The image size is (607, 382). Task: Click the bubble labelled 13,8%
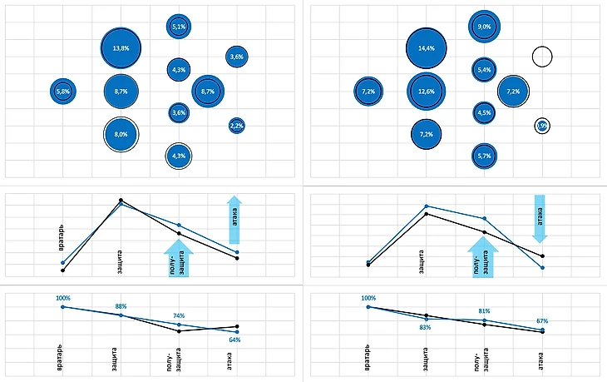(x=121, y=49)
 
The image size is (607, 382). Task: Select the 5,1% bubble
(x=179, y=27)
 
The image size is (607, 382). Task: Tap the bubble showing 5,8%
(x=63, y=91)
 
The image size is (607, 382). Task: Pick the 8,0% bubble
(x=121, y=133)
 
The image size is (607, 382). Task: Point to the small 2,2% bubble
(x=236, y=126)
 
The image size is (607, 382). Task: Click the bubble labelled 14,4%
(x=427, y=49)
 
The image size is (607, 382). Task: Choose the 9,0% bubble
(x=485, y=27)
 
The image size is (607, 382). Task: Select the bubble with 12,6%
(x=427, y=91)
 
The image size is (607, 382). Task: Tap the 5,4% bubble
(x=485, y=70)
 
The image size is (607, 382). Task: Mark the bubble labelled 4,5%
(x=485, y=112)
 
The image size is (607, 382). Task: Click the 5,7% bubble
(x=485, y=155)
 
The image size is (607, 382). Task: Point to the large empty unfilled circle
(x=542, y=57)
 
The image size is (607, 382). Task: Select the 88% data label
(x=121, y=306)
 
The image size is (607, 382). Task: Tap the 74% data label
(x=179, y=315)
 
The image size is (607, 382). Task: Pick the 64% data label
(x=234, y=340)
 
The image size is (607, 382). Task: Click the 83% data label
(x=425, y=327)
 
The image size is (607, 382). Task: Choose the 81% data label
(x=485, y=311)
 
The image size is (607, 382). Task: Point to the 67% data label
(x=542, y=320)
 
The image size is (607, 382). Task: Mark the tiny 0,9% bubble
(x=542, y=126)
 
